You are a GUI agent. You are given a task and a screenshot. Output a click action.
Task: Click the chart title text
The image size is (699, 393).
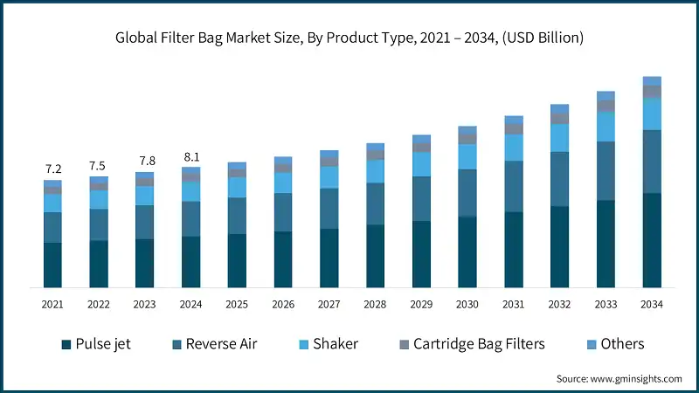(349, 38)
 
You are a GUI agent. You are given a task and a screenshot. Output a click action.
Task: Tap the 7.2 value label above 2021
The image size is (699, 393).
(52, 169)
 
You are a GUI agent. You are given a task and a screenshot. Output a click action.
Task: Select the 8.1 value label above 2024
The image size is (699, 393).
(190, 158)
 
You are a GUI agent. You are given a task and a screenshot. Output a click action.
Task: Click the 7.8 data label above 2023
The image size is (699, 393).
(144, 162)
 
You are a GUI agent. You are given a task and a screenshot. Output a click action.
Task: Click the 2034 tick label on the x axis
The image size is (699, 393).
(651, 304)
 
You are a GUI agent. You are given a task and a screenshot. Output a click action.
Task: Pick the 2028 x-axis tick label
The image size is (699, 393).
(375, 304)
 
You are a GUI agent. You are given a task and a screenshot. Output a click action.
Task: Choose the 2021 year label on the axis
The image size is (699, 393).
(52, 304)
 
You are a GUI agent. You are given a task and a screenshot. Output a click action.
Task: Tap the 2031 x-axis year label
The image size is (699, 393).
(513, 304)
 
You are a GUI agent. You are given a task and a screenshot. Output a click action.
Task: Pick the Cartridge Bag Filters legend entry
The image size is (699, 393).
(470, 343)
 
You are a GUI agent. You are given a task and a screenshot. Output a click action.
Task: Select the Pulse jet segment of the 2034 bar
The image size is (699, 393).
(652, 240)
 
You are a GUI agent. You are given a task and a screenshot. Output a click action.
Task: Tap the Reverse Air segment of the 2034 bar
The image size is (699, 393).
(652, 162)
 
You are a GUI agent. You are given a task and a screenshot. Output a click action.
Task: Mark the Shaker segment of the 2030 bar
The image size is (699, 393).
(467, 156)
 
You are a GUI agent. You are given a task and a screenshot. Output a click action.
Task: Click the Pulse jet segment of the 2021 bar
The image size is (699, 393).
(52, 265)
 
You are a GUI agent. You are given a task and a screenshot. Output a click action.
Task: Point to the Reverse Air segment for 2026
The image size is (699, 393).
(283, 212)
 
